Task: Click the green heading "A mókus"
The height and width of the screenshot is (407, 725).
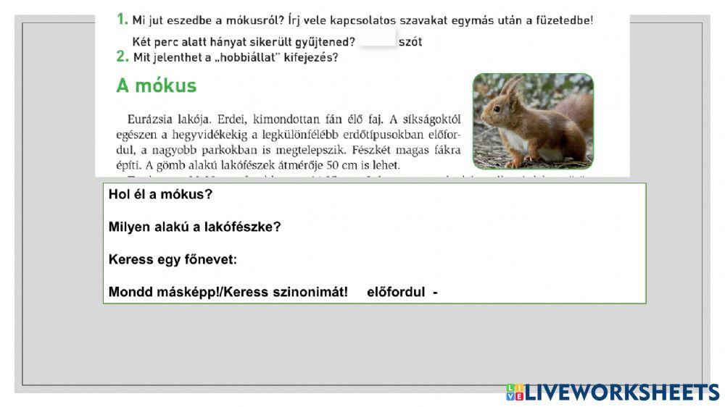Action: pyautogui.click(x=156, y=86)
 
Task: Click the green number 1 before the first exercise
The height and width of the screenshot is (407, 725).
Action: pyautogui.click(x=122, y=20)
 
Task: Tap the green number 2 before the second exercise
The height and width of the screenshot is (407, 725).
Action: pyautogui.click(x=123, y=56)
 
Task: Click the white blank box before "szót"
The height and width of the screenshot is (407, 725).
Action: pyautogui.click(x=377, y=39)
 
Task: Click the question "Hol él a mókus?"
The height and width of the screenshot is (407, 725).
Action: pyautogui.click(x=160, y=195)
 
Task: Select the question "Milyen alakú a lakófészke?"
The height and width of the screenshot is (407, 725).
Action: pyautogui.click(x=194, y=227)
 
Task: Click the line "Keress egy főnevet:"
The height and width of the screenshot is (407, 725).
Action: pyautogui.click(x=173, y=260)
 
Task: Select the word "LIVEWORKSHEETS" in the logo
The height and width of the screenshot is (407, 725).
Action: pyautogui.click(x=621, y=393)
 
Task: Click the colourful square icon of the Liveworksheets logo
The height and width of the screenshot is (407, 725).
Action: pyautogui.click(x=514, y=393)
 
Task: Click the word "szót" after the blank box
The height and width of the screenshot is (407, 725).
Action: pyautogui.click(x=410, y=42)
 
